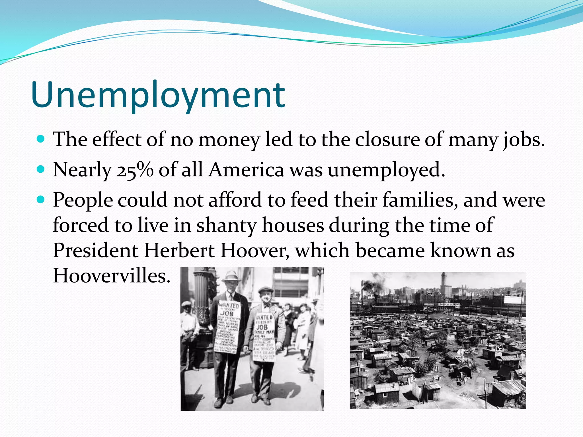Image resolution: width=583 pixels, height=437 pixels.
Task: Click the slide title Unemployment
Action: (x=158, y=95)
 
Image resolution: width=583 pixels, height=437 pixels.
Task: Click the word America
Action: (x=246, y=170)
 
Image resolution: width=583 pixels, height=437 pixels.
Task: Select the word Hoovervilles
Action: (x=112, y=276)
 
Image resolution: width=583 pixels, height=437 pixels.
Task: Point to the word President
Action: (x=96, y=251)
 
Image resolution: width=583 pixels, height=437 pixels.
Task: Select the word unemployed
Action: (x=386, y=170)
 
